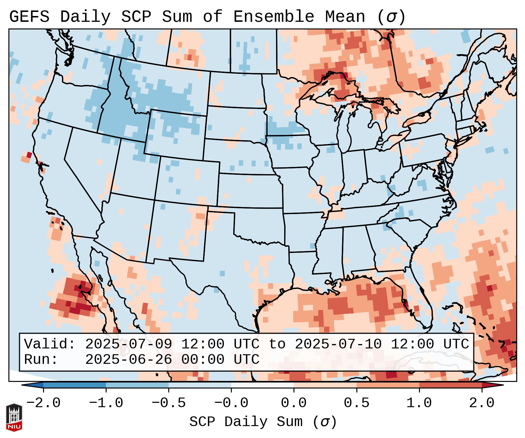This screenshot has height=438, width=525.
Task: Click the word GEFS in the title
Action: coord(29,17)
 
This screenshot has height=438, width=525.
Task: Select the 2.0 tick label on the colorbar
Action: coord(482,403)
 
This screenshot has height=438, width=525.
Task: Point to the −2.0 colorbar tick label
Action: coord(43,403)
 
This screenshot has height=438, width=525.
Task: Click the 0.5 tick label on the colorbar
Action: coord(356,403)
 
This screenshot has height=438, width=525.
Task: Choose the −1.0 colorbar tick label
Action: coord(106,403)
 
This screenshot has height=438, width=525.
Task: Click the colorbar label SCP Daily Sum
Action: coord(263,422)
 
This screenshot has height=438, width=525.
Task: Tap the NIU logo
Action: coord(14,417)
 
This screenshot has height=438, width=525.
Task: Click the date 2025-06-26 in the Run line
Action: coord(128,360)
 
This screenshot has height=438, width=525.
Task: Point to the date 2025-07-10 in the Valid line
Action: coord(338,344)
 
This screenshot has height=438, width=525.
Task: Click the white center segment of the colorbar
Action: coord(262,385)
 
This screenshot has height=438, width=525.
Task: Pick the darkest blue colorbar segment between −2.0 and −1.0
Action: coord(75,385)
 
